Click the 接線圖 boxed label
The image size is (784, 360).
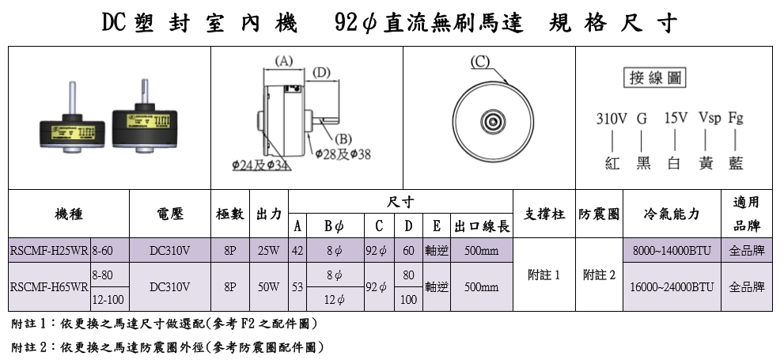[x=657, y=78]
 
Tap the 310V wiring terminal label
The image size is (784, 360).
[x=611, y=119]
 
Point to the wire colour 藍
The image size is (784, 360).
[x=736, y=163]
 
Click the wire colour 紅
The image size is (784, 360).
[x=611, y=163]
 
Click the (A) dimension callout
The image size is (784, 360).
[x=282, y=60]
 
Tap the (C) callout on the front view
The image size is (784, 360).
[x=479, y=61]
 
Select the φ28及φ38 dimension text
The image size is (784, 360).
[x=343, y=153]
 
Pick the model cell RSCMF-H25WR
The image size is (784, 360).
[x=49, y=251]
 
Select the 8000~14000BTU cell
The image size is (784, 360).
[x=672, y=251]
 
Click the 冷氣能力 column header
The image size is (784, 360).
[x=672, y=214]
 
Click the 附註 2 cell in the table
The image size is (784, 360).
[x=598, y=275]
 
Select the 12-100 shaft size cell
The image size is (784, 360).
[x=109, y=300]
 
